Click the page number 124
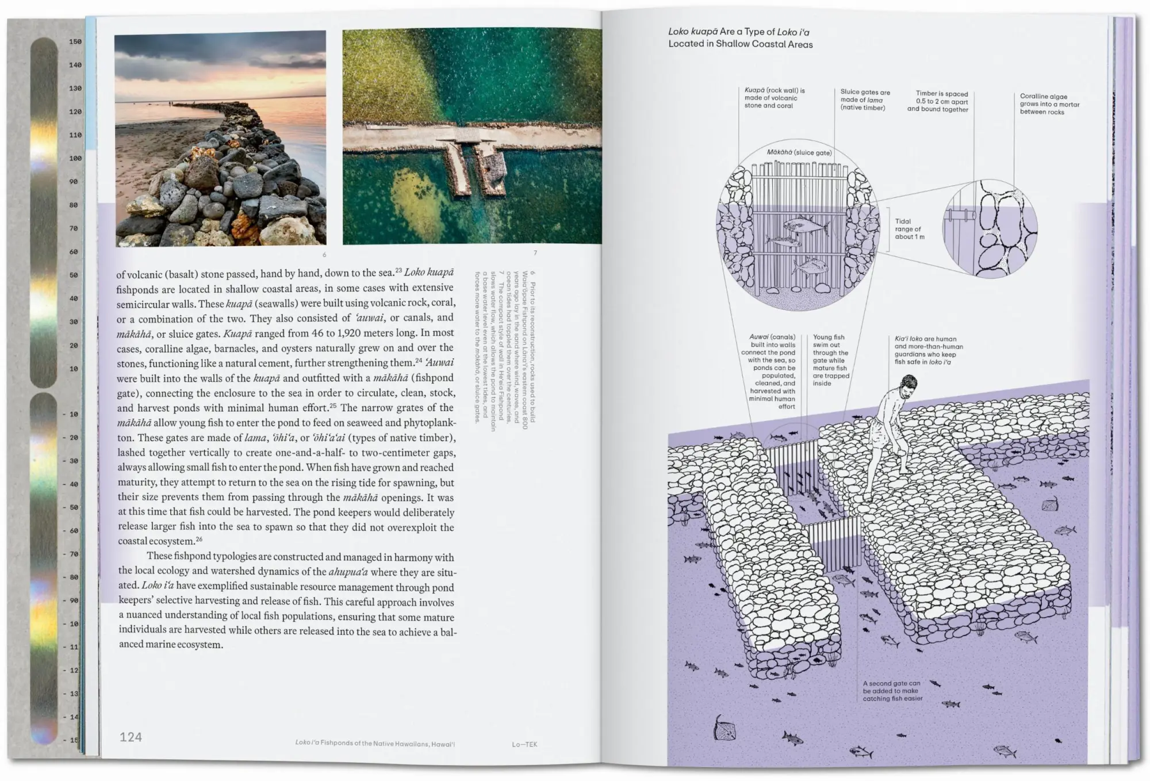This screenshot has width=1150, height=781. pos(131,737)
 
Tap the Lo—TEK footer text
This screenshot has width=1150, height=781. pos(524,744)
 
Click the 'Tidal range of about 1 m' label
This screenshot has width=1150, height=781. pos(909,229)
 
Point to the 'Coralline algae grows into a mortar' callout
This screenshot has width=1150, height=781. pos(1049,104)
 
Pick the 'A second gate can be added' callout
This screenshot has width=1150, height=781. pos(892,691)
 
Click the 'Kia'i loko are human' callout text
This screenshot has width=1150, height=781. pos(928,350)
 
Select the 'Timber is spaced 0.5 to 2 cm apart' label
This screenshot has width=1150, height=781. pos(937,101)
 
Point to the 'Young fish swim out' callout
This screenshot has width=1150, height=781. pos(830,360)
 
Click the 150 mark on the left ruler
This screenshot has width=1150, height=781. pos(75,41)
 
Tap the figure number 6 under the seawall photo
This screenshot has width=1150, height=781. pos(324,255)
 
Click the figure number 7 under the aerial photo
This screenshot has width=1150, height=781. pos(535,253)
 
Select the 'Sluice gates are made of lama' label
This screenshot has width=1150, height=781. pos(865,99)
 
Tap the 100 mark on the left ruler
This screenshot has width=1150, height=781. pos(75,158)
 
